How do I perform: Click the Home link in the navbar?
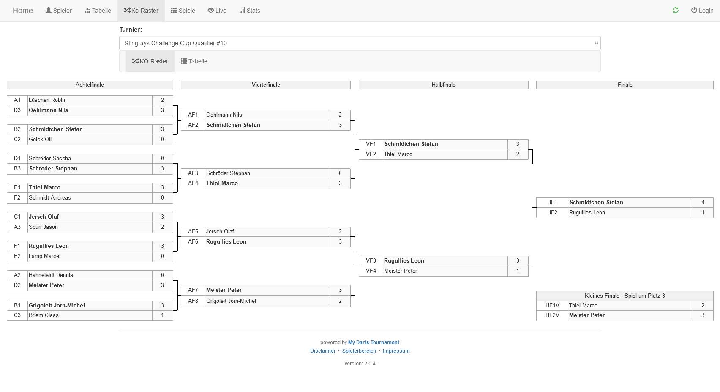pos(22,11)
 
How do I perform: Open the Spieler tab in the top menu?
pos(58,11)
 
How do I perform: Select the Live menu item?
pos(217,11)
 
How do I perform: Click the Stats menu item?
pos(250,11)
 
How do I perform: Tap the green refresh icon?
pos(676,10)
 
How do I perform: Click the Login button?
pos(702,11)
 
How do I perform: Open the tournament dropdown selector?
pos(360,43)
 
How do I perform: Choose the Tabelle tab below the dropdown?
pos(194,61)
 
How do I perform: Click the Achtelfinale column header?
pos(90,85)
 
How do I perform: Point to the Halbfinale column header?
pos(443,85)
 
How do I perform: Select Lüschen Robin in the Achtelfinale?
pos(47,100)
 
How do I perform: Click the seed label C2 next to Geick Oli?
pos(17,139)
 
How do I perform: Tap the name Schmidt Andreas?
pos(50,198)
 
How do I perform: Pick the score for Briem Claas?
pos(162,315)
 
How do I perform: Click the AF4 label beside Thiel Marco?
pos(193,183)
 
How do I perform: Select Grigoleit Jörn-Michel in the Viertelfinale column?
pos(231,301)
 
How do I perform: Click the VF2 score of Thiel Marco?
pos(518,154)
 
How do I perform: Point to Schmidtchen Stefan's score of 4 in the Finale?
pos(703,202)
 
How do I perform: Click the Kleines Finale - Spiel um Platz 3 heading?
pos(625,296)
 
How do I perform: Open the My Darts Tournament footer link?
pos(374,343)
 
